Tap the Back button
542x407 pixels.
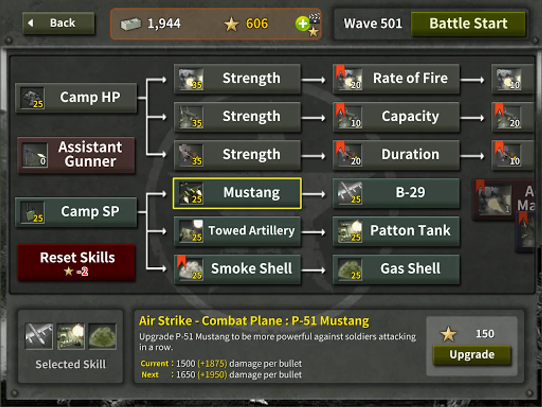pyautogui.click(x=58, y=23)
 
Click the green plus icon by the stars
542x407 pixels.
pyautogui.click(x=303, y=24)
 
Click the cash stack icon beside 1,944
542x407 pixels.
pyautogui.click(x=131, y=24)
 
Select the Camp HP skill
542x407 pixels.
pyautogui.click(x=76, y=98)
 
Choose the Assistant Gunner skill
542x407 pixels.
pyautogui.click(x=76, y=155)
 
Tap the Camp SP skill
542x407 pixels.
pyautogui.click(x=76, y=212)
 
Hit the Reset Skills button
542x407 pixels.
pyautogui.click(x=76, y=262)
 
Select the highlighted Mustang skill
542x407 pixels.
pyautogui.click(x=237, y=193)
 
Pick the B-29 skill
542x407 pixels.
pyautogui.click(x=396, y=193)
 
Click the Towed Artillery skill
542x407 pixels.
pyautogui.click(x=237, y=231)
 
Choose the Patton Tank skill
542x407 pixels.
pyautogui.click(x=396, y=231)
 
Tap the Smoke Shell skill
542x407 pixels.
pyautogui.click(x=237, y=270)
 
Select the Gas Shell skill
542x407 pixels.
pyautogui.click(x=396, y=270)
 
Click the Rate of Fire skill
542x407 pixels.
pyautogui.click(x=396, y=79)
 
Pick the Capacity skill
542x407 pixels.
pyautogui.click(x=396, y=117)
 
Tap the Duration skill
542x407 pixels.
pyautogui.click(x=396, y=155)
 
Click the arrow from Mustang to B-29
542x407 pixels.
pyautogui.click(x=313, y=194)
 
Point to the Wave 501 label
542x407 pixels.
pyautogui.click(x=373, y=24)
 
